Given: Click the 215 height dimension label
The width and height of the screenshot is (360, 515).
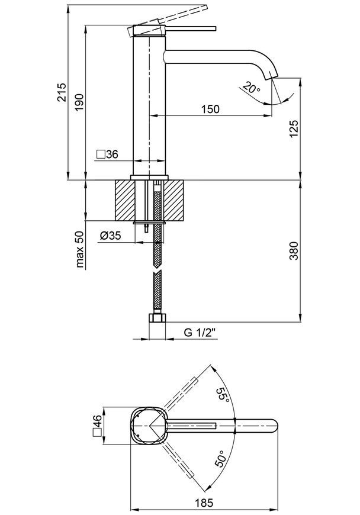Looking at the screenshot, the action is pos(62,92).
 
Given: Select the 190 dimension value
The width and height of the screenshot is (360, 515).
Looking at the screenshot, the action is pos(79,102).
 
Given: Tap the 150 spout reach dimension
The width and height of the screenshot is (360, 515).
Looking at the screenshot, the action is pos(210,109).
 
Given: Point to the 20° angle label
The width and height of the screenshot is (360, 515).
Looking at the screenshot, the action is pos(252,88).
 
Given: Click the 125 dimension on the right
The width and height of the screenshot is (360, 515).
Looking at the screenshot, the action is pos(294,129).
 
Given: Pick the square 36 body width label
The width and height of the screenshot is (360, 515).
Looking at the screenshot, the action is pos(107,154).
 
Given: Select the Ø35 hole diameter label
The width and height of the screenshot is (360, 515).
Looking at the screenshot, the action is pos(110,235).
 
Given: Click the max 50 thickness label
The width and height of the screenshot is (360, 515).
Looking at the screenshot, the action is pos(80,249).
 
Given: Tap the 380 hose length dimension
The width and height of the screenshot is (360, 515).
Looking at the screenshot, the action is pos(294,250).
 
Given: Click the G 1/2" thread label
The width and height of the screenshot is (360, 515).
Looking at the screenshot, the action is pos(200,333).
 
